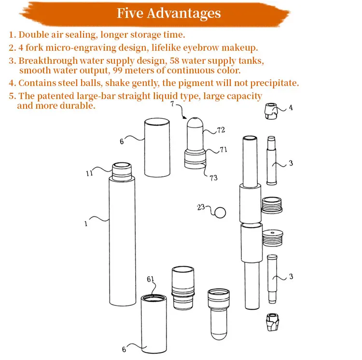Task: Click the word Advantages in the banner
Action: (184, 13)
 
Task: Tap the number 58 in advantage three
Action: (175, 60)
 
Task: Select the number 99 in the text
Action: (118, 70)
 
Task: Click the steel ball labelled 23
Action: (220, 212)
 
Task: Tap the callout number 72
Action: (221, 130)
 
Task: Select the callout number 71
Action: (223, 149)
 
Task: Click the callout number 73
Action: (213, 177)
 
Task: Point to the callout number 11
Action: (89, 173)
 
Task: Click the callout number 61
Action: (150, 279)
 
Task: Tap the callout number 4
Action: (291, 107)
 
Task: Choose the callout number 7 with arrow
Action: (172, 104)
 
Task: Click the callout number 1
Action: (86, 223)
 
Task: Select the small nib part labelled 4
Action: (271, 111)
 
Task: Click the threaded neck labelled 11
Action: (122, 171)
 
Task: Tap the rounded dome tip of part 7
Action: (195, 122)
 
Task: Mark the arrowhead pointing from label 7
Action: (184, 117)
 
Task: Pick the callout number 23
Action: (201, 207)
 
